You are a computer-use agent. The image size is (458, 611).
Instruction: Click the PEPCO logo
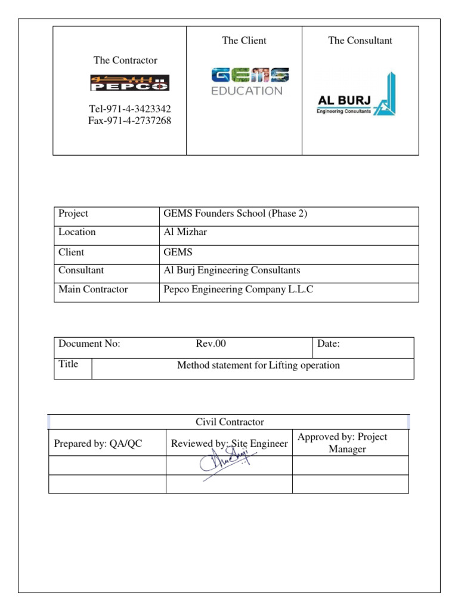(129, 82)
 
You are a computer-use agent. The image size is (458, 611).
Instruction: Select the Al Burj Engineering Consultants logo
(356, 95)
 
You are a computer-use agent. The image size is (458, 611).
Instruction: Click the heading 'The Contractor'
(125, 60)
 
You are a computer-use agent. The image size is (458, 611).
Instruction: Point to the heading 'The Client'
(244, 41)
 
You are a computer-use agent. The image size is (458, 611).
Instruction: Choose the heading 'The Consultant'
(360, 41)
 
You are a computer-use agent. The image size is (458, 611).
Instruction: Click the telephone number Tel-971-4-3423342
(125, 109)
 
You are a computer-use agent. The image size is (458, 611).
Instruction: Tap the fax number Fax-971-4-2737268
(125, 121)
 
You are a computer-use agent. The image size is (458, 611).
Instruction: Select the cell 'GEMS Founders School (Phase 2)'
(235, 214)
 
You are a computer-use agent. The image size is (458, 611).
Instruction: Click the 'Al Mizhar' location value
(185, 232)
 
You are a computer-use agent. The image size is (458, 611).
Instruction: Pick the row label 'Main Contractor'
(93, 289)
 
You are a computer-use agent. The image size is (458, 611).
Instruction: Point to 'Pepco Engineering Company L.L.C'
(239, 289)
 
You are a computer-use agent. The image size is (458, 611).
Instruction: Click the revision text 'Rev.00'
(211, 344)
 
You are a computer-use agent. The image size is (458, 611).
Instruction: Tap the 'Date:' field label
(329, 344)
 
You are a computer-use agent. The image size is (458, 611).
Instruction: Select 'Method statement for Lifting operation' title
(258, 365)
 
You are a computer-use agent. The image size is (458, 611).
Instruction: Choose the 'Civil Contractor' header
(230, 422)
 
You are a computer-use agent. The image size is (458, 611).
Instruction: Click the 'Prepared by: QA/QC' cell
(98, 443)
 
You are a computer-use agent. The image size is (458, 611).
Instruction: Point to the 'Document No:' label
(89, 344)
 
